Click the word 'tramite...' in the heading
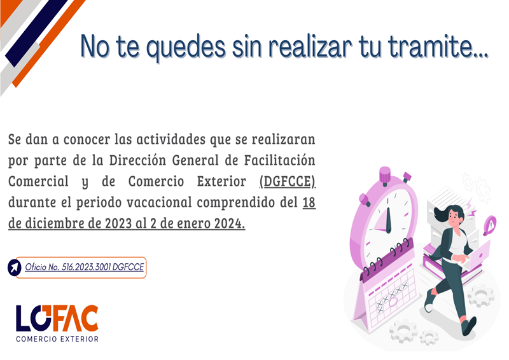pyautogui.click(x=438, y=46)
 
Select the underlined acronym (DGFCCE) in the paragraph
pyautogui.click(x=288, y=182)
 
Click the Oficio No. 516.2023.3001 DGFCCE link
pyautogui.click(x=85, y=267)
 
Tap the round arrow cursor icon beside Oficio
pyautogui.click(x=14, y=268)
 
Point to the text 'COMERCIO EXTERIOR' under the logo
pyautogui.click(x=57, y=339)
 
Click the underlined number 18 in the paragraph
pyautogui.click(x=309, y=202)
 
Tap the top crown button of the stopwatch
pyautogui.click(x=385, y=175)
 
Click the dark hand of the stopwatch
pyautogui.click(x=388, y=219)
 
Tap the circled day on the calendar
pyautogui.click(x=393, y=302)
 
